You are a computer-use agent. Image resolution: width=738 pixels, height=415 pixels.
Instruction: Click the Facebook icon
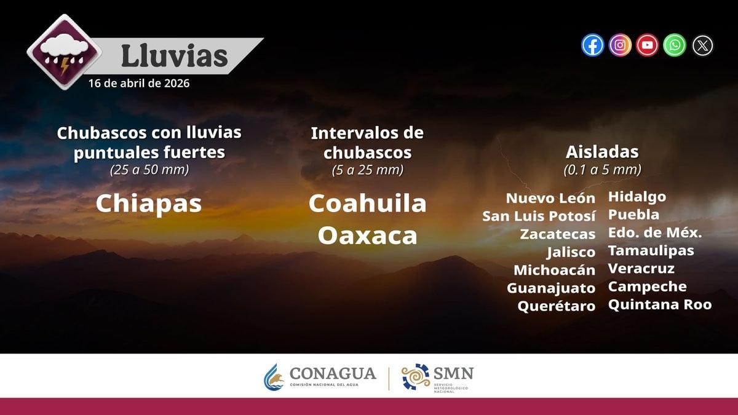coord(593,45)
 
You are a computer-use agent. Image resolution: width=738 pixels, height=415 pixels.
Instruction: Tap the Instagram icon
coord(620,45)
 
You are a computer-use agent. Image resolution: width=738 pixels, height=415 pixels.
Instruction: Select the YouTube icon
coord(647,45)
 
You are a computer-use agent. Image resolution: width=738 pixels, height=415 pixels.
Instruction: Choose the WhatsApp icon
coord(675,45)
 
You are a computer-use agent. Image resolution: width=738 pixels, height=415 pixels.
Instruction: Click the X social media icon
coord(702,45)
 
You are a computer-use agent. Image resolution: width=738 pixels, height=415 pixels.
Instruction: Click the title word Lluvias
coord(174,55)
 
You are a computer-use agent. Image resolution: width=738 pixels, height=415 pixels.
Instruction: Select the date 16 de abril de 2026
coord(139,83)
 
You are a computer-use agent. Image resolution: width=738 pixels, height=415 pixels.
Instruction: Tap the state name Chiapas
coord(149,204)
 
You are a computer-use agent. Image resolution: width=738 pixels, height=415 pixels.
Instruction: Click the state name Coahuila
coord(367,203)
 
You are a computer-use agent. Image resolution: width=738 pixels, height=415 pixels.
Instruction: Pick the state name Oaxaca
coord(367,235)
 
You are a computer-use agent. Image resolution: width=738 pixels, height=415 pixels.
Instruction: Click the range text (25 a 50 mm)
coord(149,170)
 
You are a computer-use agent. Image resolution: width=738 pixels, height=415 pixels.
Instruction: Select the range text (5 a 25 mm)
coord(367,170)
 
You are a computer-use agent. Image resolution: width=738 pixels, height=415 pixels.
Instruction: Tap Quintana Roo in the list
coord(660,304)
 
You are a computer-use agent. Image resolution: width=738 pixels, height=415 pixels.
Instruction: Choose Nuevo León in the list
coord(550,198)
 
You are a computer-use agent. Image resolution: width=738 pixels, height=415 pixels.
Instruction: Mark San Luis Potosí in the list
coord(539,216)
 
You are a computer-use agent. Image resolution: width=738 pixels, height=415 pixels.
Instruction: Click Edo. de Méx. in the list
coord(655,233)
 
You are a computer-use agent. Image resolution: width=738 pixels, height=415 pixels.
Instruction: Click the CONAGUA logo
coord(320,376)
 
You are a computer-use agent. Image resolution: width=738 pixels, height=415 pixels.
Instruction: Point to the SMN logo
coord(437,377)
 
